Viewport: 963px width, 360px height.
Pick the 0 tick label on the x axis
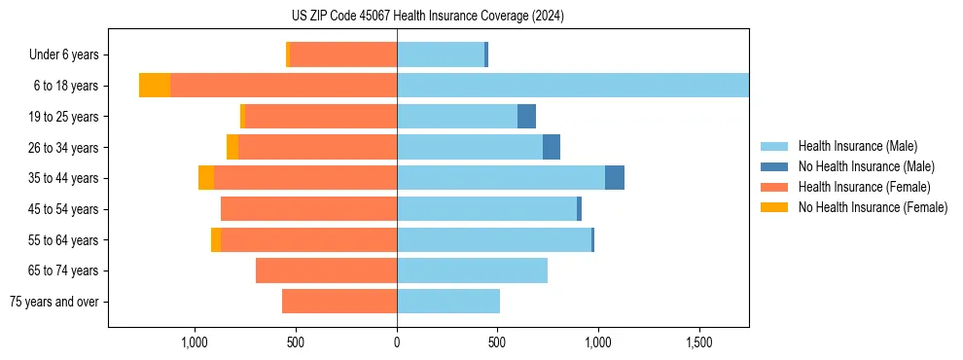397,342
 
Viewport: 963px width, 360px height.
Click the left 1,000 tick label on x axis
195,342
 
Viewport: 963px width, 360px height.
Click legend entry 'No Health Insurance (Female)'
873,207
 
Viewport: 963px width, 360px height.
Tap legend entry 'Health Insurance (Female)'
864,187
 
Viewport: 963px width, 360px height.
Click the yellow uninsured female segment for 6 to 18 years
155,86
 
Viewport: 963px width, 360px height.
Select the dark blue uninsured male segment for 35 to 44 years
615,178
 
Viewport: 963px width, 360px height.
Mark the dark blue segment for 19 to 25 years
526,117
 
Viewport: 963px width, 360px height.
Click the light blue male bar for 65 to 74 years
472,270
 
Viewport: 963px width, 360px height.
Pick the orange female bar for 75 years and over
339,302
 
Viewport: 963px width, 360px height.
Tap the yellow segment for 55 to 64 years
216,239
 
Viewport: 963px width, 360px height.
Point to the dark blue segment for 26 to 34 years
552,147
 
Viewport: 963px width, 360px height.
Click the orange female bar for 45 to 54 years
308,209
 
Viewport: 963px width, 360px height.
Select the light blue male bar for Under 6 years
441,54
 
